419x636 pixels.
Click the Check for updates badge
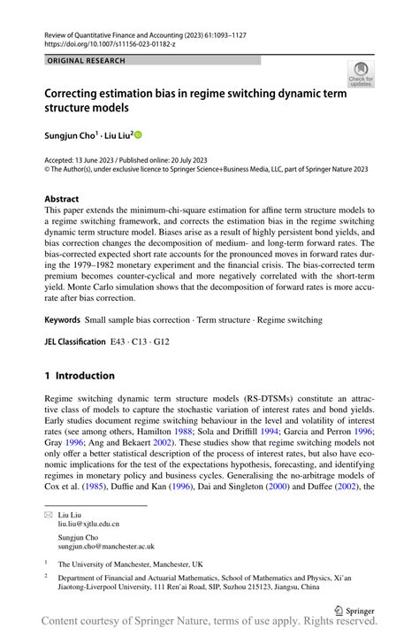coord(360,75)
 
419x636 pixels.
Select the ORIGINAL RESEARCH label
coord(87,61)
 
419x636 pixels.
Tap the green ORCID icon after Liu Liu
coord(138,134)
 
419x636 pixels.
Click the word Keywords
coord(62,318)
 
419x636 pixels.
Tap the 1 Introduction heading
coord(80,375)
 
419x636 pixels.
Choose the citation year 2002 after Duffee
coord(351,486)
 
